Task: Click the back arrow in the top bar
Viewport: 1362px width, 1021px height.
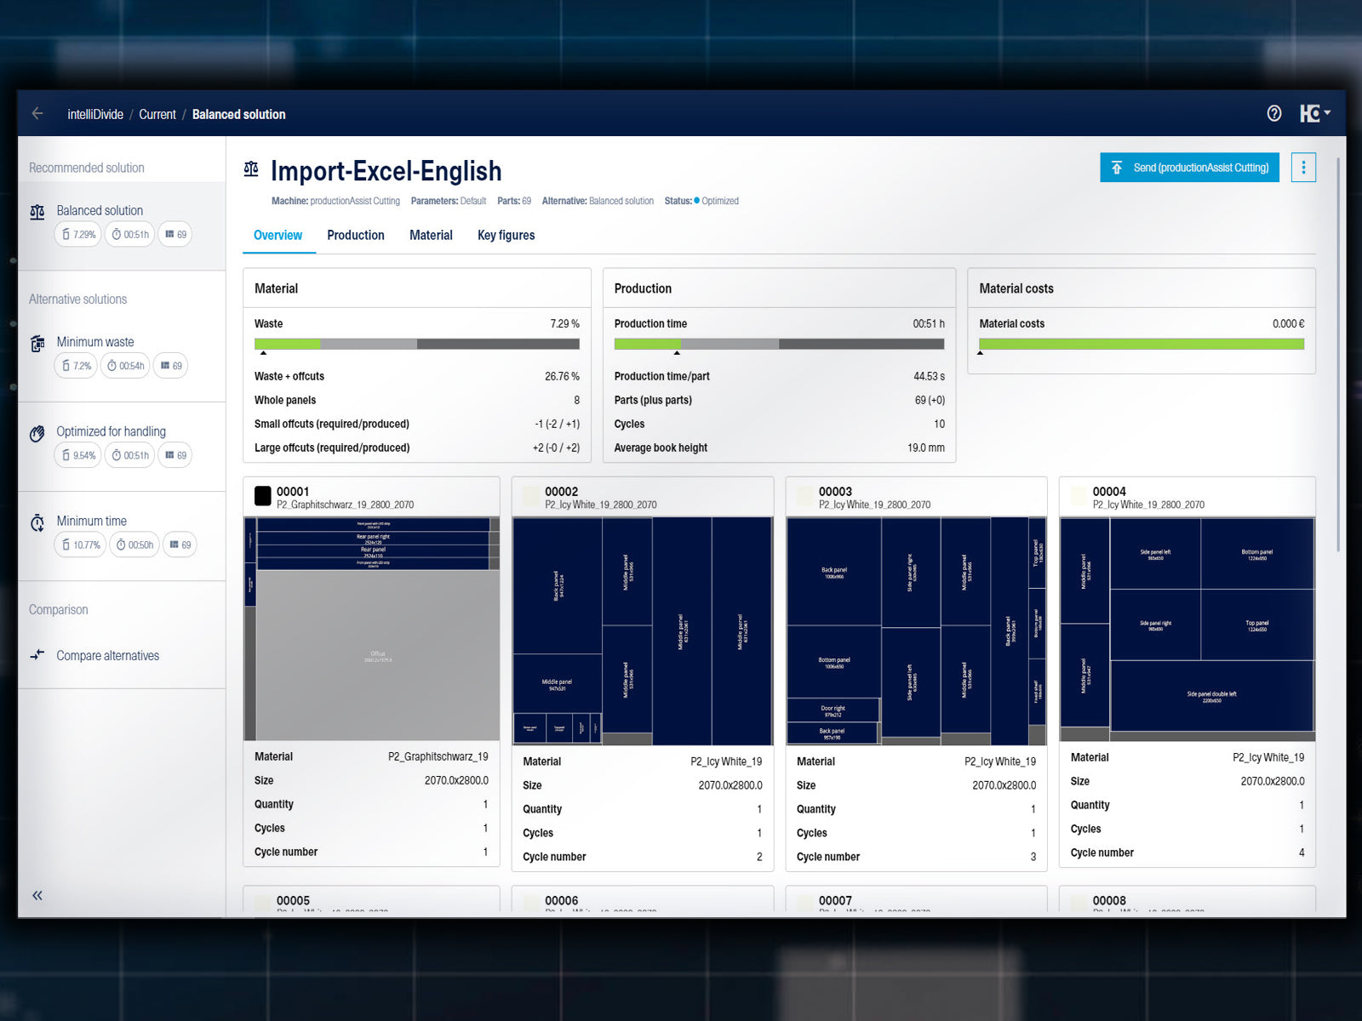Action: (x=37, y=113)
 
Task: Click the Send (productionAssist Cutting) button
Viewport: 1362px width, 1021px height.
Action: (x=1189, y=168)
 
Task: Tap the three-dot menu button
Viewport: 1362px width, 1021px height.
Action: (x=1302, y=168)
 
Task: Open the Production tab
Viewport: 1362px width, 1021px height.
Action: (x=355, y=236)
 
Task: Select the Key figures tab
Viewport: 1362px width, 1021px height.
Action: (x=506, y=236)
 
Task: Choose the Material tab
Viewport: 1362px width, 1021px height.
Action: (x=431, y=236)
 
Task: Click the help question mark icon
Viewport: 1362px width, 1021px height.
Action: (x=1273, y=113)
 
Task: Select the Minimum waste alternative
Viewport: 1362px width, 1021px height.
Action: (x=95, y=342)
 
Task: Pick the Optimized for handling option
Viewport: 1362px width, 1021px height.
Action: (x=111, y=431)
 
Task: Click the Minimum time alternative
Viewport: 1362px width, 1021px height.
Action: (x=91, y=521)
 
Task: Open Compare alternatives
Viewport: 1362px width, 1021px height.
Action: (x=107, y=656)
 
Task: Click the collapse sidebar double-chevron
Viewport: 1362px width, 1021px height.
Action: (x=37, y=895)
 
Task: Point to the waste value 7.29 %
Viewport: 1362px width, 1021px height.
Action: (x=564, y=324)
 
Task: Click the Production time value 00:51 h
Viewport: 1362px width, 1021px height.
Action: (x=928, y=324)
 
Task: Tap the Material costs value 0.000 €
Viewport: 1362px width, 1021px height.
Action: (x=1288, y=324)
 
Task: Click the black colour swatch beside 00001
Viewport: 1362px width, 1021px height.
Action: (x=263, y=495)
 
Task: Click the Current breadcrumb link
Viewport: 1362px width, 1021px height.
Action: (x=157, y=115)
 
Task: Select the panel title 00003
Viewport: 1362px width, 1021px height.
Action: (x=835, y=492)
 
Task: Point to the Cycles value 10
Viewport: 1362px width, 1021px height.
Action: (x=939, y=424)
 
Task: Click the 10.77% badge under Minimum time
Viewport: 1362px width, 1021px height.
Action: (x=81, y=545)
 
